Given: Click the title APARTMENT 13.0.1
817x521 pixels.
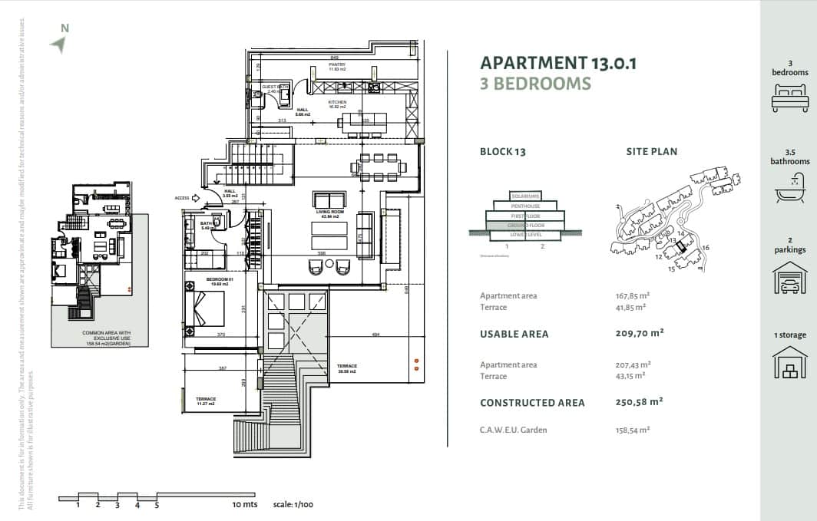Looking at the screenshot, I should pos(558,63).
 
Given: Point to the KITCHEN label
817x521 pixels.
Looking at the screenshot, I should pos(338,102).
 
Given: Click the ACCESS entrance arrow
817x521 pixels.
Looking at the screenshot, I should pos(195,198).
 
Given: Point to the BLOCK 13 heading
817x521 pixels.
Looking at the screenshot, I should pos(502,152).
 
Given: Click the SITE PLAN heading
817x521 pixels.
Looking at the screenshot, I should pos(652,152).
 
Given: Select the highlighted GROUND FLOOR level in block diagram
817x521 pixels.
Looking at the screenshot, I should pos(525,226).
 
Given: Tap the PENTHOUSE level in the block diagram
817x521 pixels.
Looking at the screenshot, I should pos(525,206).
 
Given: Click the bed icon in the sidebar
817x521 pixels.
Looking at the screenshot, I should pos(789,98).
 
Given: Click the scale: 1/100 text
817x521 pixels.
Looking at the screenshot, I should pos(293,504).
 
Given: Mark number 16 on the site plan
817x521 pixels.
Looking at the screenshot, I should pos(705,248).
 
